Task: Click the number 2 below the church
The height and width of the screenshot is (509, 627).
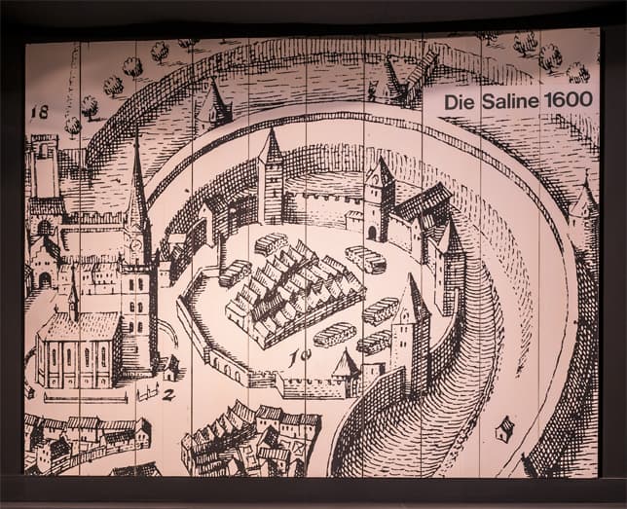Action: [167, 394]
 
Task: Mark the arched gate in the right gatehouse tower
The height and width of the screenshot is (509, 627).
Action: [372, 233]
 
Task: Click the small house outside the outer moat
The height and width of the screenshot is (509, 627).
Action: [505, 429]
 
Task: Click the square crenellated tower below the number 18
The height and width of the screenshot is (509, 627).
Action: [43, 165]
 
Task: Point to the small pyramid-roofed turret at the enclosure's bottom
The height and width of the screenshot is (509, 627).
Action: [347, 368]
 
